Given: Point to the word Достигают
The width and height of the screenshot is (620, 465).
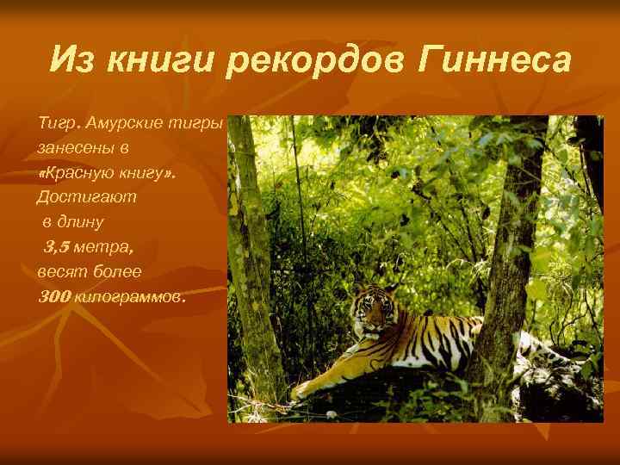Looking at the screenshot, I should [74, 197].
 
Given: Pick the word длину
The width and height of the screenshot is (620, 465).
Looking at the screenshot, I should [84, 222].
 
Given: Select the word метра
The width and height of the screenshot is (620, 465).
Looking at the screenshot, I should [103, 247].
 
